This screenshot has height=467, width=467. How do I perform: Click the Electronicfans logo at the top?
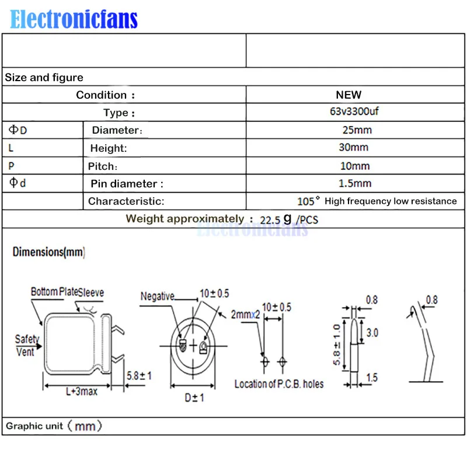point(74,19)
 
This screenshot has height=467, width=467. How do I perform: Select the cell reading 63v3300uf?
point(354,111)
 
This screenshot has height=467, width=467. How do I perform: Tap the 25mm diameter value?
point(357,130)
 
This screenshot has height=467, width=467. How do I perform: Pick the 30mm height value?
point(354,147)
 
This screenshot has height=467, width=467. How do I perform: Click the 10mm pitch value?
point(355,166)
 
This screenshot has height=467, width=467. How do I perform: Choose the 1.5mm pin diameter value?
point(355,183)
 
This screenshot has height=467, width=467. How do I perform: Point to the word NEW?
point(348,95)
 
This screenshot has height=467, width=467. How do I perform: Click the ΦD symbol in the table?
point(18,130)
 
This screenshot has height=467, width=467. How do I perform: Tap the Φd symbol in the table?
point(18,182)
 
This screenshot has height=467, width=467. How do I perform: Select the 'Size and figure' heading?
point(44,78)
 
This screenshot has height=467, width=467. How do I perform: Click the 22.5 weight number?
point(270,220)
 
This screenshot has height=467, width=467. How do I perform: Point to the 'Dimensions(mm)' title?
point(49,252)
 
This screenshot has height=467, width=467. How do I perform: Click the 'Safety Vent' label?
point(27,346)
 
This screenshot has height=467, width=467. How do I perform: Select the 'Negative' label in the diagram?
point(157,296)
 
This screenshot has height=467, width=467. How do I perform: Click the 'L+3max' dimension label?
point(82,391)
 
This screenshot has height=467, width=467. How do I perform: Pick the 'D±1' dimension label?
point(194,398)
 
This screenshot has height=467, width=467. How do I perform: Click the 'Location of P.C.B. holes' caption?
point(279,384)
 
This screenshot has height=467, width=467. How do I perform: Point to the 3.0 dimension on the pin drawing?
point(372,332)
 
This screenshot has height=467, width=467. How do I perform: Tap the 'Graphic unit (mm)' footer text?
point(54,426)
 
